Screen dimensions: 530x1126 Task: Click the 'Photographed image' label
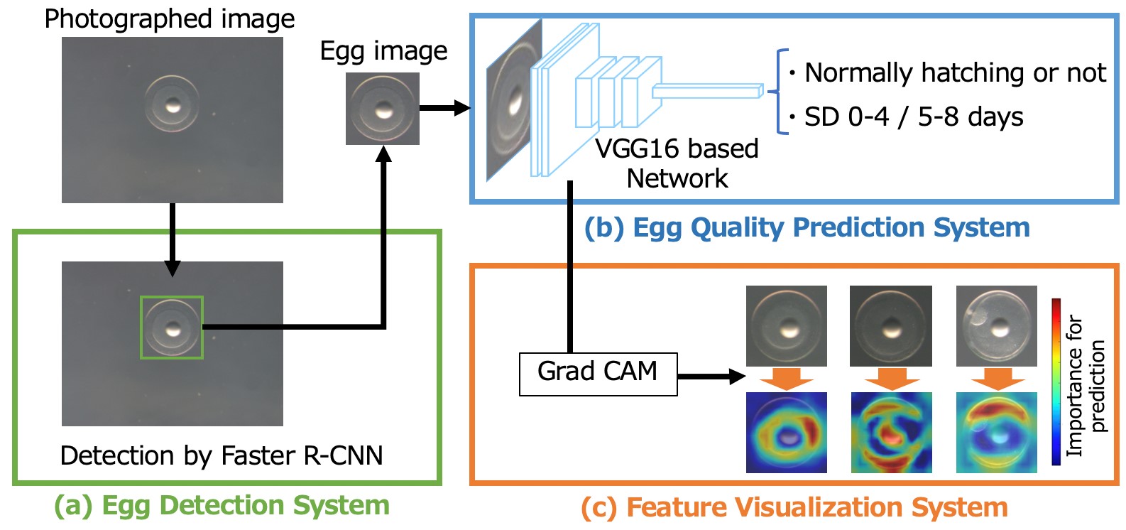[169, 18]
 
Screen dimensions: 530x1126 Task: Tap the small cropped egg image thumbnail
[382, 109]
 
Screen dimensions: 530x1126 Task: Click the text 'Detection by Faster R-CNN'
[222, 455]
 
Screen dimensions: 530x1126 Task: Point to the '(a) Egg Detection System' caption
[222, 505]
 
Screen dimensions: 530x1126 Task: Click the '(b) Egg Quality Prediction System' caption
[807, 227]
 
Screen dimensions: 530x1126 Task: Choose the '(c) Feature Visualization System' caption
[794, 507]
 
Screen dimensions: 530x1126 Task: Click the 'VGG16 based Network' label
[677, 163]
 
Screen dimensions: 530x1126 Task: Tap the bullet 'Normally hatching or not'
[954, 72]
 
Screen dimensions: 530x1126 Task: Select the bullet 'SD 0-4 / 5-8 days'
[913, 117]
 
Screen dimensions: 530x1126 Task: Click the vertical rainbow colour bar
[1056, 382]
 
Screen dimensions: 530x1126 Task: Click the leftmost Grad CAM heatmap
[786, 433]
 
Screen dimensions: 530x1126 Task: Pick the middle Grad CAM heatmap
[891, 433]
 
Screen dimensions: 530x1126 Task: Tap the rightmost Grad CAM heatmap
[996, 433]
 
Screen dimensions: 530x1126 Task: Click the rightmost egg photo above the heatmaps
[996, 326]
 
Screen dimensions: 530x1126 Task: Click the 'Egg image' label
[383, 51]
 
